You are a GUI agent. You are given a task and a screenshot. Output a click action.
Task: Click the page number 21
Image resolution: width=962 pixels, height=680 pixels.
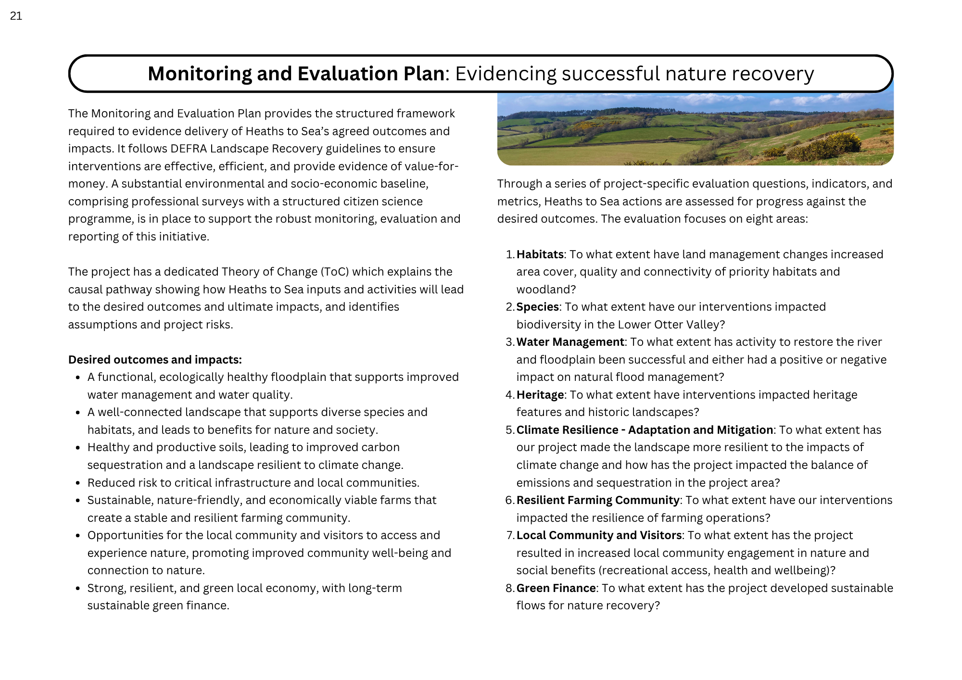pos(16,16)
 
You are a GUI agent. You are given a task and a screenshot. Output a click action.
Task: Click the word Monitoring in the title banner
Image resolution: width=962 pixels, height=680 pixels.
pos(199,74)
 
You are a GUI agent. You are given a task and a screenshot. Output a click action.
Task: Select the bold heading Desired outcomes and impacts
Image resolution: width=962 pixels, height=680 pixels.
pos(155,360)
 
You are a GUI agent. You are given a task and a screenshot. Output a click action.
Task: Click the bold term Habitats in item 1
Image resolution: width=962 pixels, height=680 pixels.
pos(540,254)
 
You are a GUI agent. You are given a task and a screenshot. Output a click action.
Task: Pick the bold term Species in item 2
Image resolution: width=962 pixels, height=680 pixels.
pos(537,307)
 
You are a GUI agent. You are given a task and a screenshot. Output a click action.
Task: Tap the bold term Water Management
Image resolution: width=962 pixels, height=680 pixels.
pos(570,342)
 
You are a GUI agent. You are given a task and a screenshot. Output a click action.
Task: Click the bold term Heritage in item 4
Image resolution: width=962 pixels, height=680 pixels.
pos(540,395)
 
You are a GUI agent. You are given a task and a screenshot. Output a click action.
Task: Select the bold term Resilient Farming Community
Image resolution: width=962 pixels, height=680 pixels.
pos(597,500)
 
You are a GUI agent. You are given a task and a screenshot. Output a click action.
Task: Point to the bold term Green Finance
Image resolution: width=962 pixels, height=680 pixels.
pos(556,588)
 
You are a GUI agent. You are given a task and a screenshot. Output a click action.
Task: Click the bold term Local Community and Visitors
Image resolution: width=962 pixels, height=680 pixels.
pos(599,535)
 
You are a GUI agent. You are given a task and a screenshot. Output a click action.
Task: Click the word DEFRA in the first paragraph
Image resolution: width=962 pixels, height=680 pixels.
pos(189,149)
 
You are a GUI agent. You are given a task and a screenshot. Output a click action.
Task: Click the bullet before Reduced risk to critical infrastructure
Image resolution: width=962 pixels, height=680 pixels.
pos(77,483)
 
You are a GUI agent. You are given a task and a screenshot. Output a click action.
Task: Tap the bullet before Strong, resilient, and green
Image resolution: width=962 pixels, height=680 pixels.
pos(77,589)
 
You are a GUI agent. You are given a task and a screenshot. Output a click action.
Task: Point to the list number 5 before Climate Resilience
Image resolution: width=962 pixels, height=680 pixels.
pos(509,430)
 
